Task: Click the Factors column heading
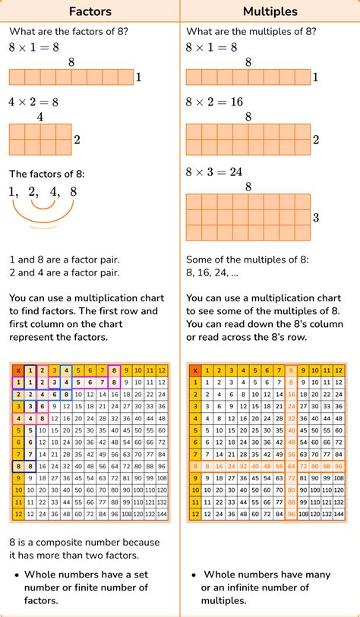(x=90, y=11)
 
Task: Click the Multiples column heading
(x=270, y=11)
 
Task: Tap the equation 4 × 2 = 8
(x=33, y=102)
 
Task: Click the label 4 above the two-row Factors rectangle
(x=39, y=117)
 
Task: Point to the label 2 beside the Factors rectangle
(x=77, y=140)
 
